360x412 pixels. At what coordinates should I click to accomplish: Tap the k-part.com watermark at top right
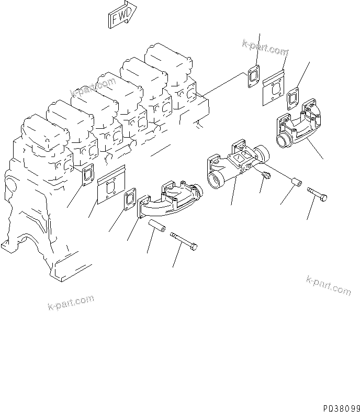[x=265, y=49]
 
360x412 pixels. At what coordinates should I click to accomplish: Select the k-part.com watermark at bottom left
[x=71, y=303]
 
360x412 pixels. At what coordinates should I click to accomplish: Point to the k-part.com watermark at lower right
[x=329, y=286]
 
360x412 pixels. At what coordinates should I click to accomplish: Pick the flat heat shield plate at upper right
[x=275, y=86]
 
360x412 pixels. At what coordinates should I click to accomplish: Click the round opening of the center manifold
[x=216, y=181]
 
